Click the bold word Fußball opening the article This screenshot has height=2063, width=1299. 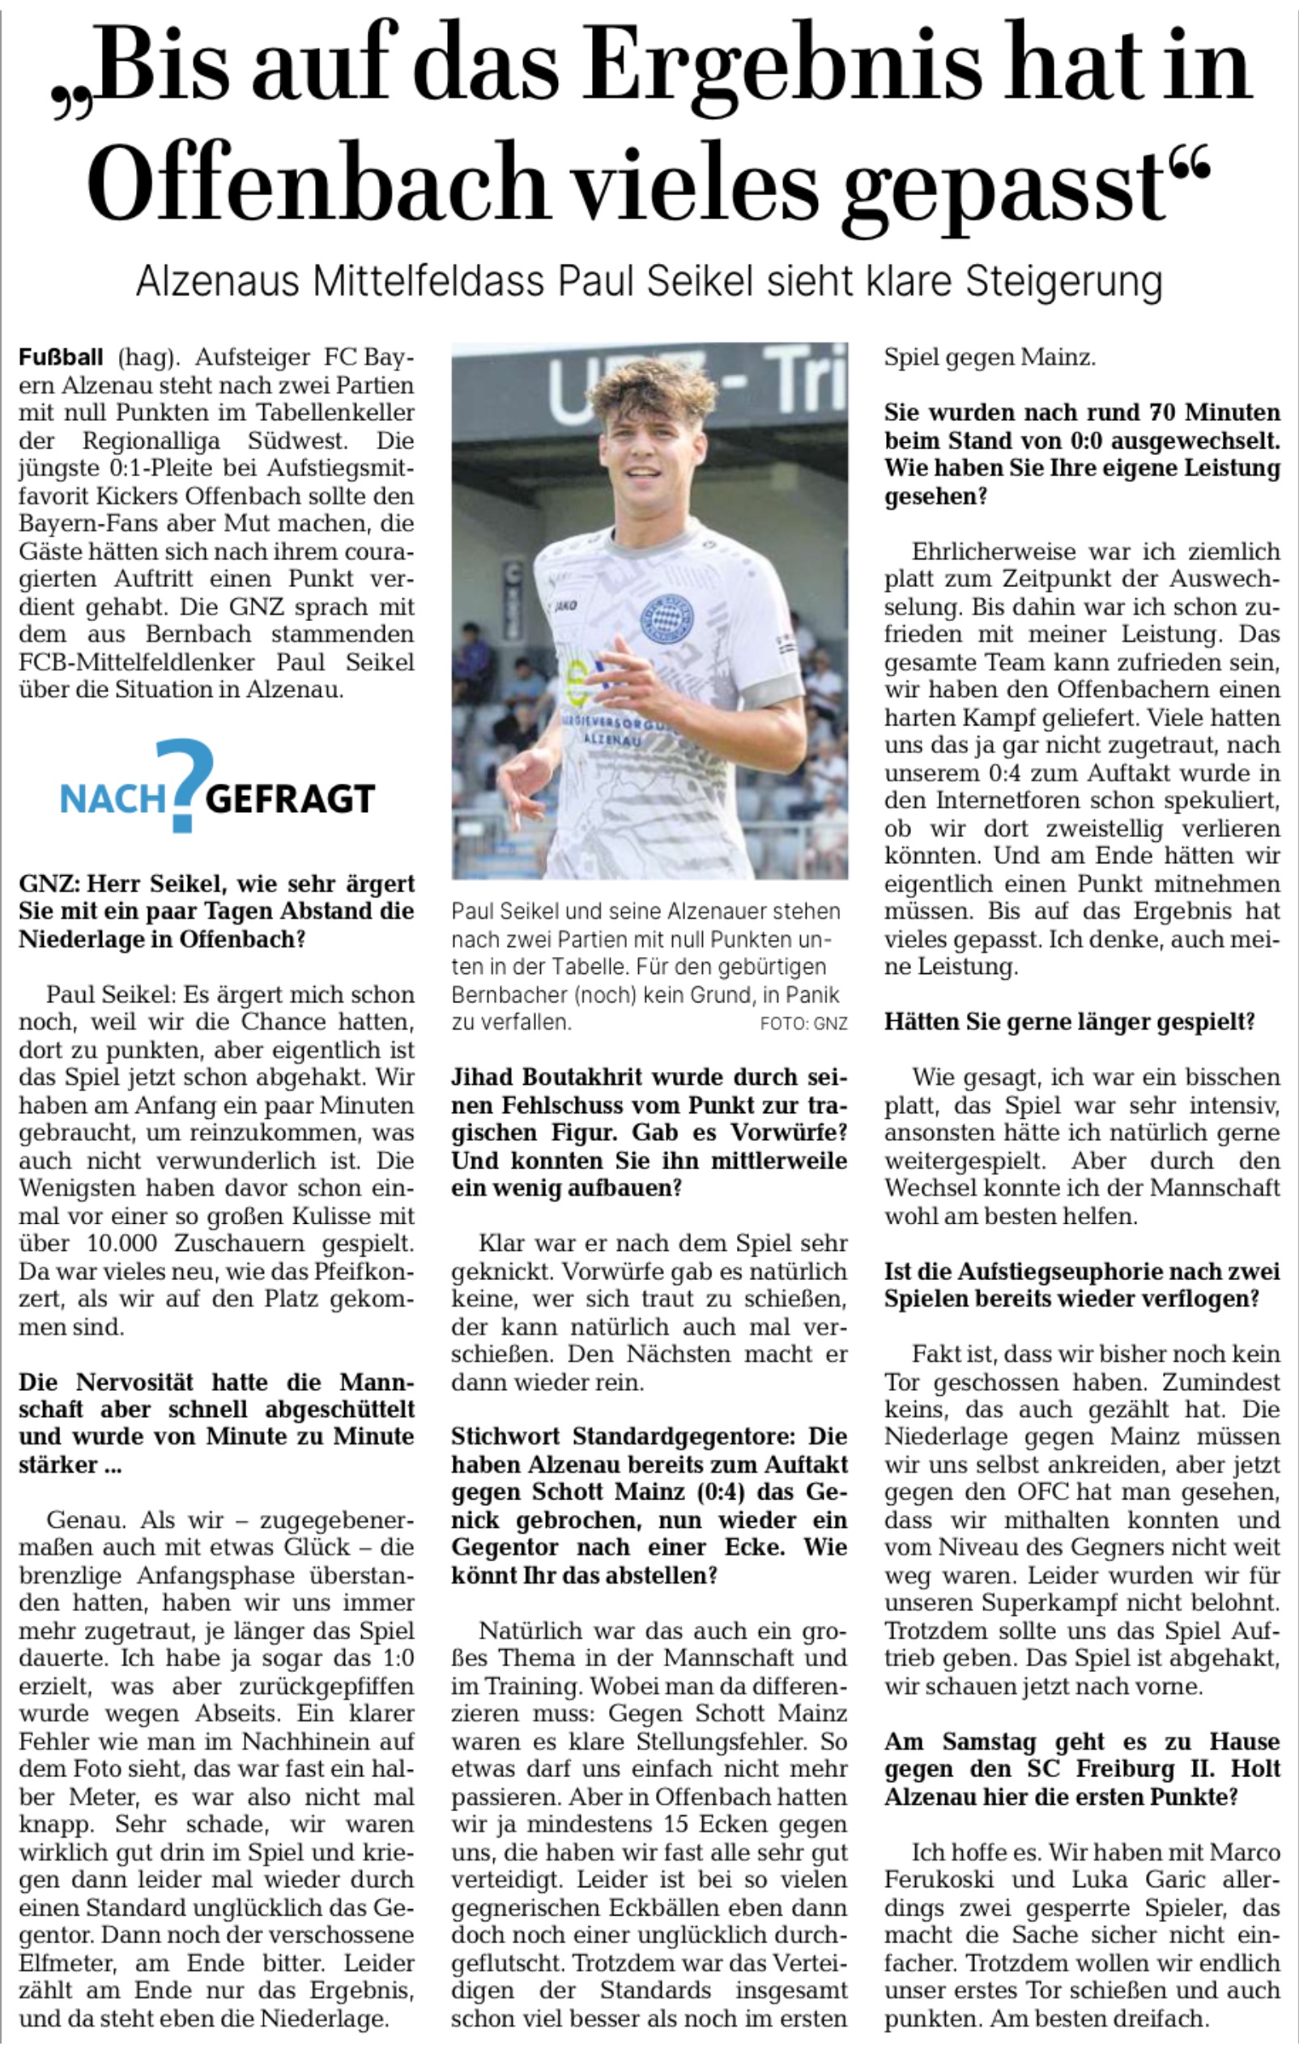[61, 357]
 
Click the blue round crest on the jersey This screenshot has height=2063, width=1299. [663, 619]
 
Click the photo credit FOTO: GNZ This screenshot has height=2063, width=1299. [803, 1023]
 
